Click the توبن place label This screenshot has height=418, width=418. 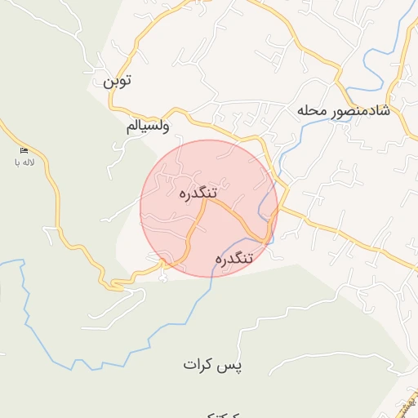[117, 81]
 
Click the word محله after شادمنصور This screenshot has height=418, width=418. [313, 109]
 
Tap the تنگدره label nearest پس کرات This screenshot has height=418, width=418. [235, 258]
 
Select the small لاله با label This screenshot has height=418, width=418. [22, 162]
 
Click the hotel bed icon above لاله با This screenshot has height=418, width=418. [23, 150]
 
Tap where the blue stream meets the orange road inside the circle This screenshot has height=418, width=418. [266, 239]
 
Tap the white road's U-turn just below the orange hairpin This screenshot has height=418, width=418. [162, 278]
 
